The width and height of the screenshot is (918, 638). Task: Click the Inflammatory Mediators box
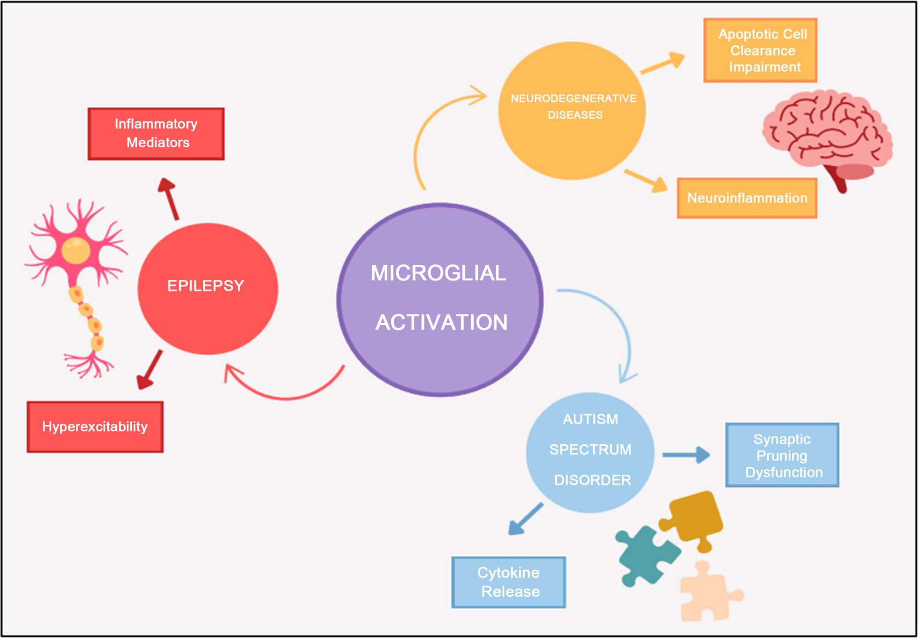(156, 134)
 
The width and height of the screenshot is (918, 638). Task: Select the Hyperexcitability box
(95, 427)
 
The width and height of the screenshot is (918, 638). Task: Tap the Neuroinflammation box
(747, 198)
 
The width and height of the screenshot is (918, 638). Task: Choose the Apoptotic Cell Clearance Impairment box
(760, 50)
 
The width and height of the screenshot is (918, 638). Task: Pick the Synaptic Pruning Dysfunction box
(782, 455)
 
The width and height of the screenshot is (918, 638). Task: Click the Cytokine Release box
(509, 582)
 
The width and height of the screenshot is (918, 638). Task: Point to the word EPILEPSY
(206, 286)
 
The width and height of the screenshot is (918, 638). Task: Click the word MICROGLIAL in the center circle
(438, 273)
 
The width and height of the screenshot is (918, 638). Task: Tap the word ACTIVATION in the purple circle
(442, 322)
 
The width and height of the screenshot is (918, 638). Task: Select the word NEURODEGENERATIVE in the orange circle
(573, 99)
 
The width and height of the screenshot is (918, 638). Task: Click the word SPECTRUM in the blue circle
(590, 450)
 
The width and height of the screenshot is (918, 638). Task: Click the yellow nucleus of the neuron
(76, 250)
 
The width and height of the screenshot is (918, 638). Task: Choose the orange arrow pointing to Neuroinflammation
(647, 180)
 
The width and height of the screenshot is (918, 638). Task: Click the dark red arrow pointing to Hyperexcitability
(150, 369)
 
